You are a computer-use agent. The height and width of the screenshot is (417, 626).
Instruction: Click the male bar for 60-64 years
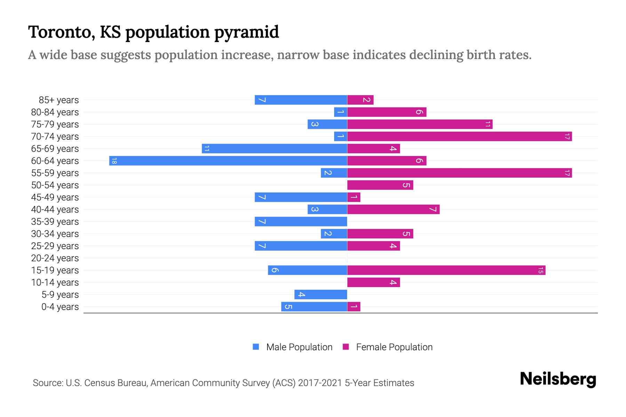click(228, 161)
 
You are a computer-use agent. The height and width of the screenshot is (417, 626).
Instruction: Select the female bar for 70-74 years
click(459, 136)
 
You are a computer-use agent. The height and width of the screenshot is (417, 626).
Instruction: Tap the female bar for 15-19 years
click(446, 270)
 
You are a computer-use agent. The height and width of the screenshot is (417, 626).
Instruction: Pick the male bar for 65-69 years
click(274, 148)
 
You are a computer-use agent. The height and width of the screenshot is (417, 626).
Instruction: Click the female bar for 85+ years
click(360, 100)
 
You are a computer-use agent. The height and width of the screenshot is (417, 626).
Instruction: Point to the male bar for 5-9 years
click(321, 294)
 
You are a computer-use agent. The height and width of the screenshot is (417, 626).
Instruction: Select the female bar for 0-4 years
click(354, 306)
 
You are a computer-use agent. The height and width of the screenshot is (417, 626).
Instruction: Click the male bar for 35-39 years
click(301, 221)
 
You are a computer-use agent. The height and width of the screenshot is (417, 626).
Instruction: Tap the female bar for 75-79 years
click(420, 124)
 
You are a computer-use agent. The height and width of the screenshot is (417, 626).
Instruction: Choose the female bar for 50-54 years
click(380, 185)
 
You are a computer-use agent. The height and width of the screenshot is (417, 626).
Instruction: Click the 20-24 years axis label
click(55, 258)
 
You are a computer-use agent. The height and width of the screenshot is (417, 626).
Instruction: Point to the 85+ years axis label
click(59, 100)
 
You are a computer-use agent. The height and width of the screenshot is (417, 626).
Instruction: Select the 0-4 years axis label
click(60, 307)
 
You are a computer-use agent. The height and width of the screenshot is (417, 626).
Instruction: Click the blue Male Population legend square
click(256, 347)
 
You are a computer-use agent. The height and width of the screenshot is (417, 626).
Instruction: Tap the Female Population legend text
click(394, 347)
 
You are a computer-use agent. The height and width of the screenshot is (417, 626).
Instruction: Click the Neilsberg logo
click(558, 379)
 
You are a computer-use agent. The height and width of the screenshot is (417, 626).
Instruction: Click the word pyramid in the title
click(246, 32)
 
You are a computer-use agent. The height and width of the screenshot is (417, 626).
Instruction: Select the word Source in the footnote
click(48, 383)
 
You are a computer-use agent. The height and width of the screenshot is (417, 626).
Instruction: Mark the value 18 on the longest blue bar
click(114, 161)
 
